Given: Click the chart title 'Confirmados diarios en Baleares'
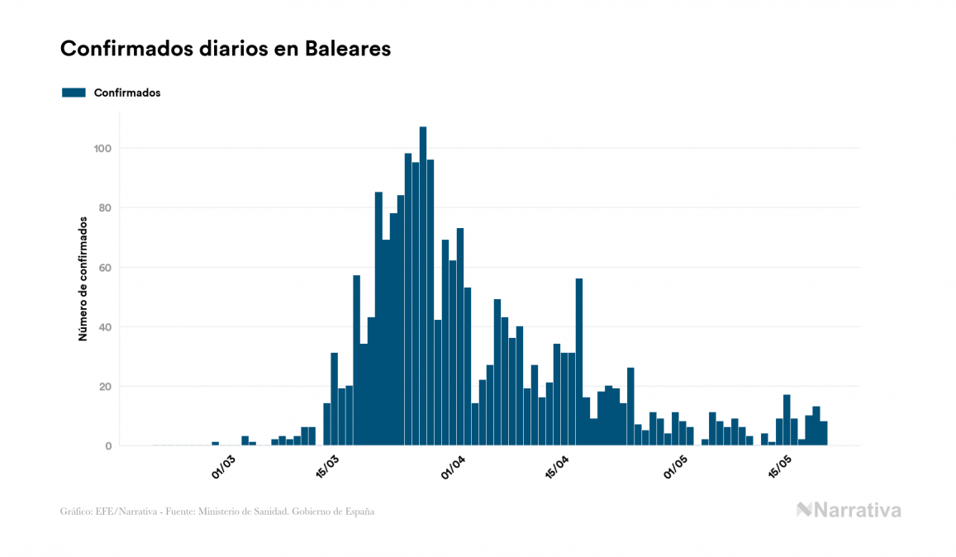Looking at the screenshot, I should (x=226, y=49).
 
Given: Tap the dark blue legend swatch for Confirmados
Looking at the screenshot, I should (x=74, y=93).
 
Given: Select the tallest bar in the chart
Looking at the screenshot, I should (x=423, y=286).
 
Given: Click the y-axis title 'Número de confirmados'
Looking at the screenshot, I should (x=83, y=279).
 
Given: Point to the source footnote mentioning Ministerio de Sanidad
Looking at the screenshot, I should (x=217, y=512).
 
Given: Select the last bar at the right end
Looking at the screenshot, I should (x=824, y=434).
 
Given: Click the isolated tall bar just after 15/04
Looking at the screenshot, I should (x=579, y=362).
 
